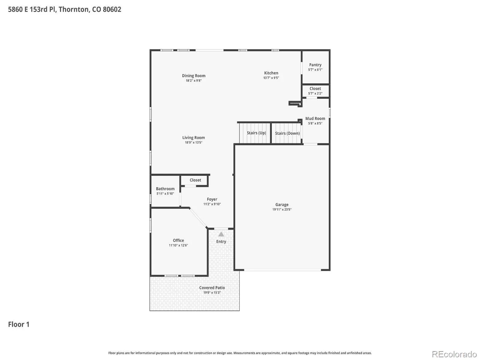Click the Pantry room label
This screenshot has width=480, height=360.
(315, 65)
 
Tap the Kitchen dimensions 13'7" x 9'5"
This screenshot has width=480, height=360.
(271, 78)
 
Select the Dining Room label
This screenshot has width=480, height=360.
(194, 76)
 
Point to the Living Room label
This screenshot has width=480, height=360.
(193, 138)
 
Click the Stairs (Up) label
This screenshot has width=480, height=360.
(256, 133)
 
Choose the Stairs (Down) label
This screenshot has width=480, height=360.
(287, 133)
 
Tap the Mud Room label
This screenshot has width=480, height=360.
(315, 118)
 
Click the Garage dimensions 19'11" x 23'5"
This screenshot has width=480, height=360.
(282, 209)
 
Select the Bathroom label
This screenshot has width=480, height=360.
(165, 189)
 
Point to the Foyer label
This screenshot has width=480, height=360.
(212, 199)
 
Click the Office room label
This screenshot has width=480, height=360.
(178, 240)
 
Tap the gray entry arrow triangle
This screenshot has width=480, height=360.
(221, 234)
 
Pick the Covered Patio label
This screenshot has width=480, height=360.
(212, 288)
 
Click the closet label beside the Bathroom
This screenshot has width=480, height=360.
(195, 180)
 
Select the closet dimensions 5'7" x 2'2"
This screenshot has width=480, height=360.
(315, 94)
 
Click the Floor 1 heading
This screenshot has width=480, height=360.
(19, 324)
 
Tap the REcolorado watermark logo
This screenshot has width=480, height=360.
(454, 354)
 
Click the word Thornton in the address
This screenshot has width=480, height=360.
(74, 9)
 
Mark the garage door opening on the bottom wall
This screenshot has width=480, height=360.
(282, 270)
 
